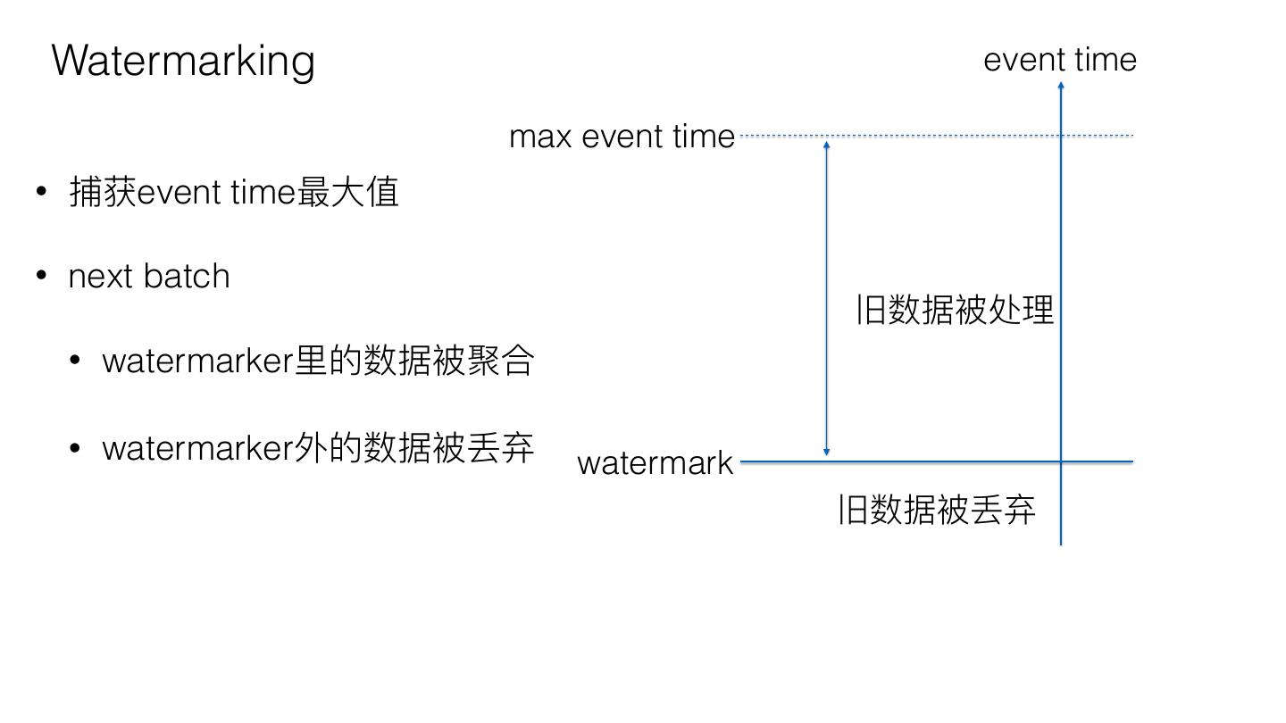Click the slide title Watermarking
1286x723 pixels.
click(183, 61)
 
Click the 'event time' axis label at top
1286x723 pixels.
click(1060, 60)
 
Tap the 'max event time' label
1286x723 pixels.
click(622, 137)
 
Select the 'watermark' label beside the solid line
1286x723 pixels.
click(655, 463)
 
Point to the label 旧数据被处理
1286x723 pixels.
click(955, 310)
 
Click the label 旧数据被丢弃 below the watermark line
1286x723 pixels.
click(937, 510)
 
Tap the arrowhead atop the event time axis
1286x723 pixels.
click(1061, 86)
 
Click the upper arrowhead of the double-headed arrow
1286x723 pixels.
click(827, 145)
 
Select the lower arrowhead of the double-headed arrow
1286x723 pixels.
click(827, 453)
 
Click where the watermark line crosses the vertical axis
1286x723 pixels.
click(1061, 461)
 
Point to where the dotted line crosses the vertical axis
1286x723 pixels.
click(1061, 136)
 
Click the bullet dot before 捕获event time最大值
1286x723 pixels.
click(41, 191)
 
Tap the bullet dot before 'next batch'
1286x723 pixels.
click(41, 276)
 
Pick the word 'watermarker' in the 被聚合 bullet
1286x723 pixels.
click(197, 361)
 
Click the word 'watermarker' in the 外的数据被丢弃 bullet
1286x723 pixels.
click(197, 448)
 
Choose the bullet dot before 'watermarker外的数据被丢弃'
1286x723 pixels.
click(75, 447)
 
